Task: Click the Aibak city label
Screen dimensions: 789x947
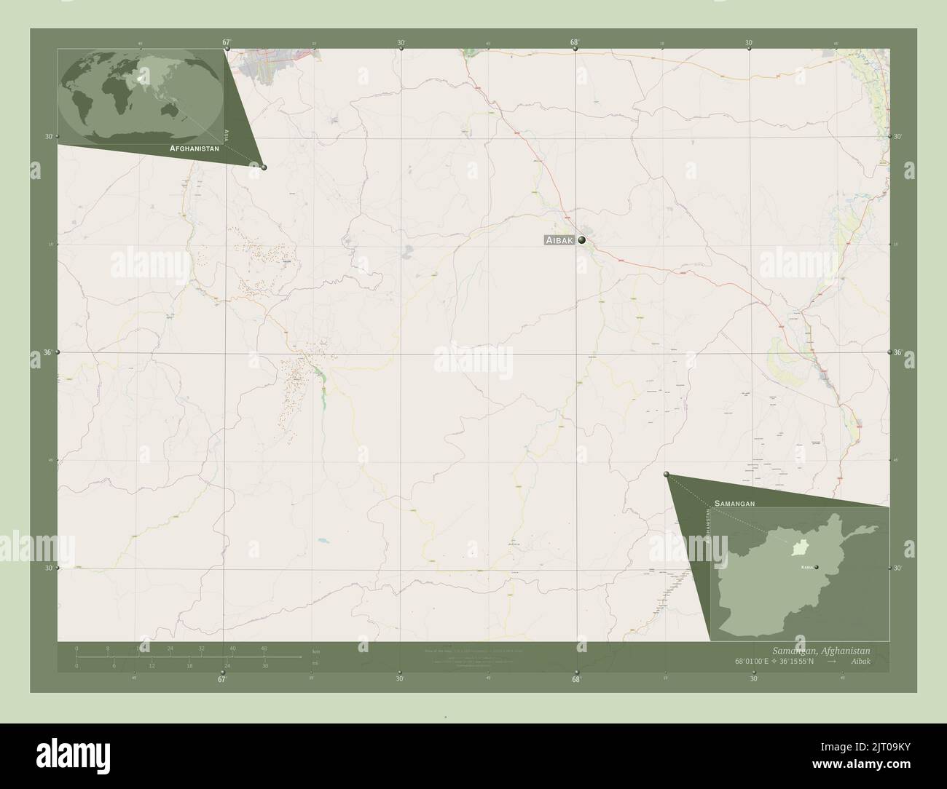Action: [x=559, y=240]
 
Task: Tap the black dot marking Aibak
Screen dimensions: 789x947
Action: [x=582, y=239]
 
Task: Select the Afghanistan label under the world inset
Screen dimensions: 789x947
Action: [x=194, y=148]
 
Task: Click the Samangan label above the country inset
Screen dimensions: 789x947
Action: [x=734, y=503]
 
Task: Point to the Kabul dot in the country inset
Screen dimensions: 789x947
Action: [x=817, y=567]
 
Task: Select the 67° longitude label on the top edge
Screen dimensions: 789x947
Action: [x=227, y=42]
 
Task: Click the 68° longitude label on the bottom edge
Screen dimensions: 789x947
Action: [x=576, y=680]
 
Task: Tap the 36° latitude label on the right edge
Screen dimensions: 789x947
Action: [x=898, y=352]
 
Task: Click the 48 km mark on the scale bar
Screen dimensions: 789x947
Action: [x=264, y=648]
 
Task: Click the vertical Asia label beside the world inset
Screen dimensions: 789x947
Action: [x=227, y=134]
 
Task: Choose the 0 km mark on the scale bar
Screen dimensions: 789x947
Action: [x=76, y=648]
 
